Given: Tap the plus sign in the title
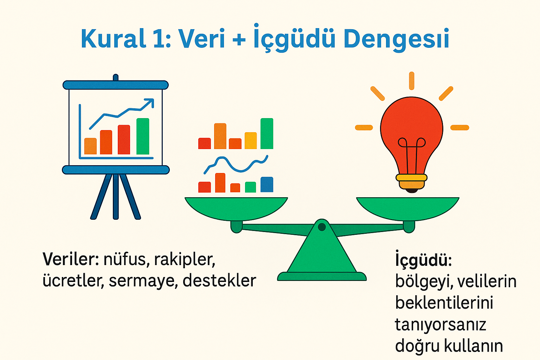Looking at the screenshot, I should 239,39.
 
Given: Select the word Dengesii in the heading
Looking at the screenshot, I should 396,39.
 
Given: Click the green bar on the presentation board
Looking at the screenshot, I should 143,136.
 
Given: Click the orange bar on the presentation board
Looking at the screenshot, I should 90,146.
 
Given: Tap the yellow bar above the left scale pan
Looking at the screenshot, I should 251,141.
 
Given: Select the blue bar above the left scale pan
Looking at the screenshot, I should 267,185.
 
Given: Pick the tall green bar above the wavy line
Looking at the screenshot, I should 267,134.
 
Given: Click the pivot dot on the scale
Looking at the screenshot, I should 322,227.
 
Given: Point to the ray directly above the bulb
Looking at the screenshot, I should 411,81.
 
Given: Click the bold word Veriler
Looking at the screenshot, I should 70,259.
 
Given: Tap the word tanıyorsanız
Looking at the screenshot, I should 440,324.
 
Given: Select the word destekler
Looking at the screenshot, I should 219,281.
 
